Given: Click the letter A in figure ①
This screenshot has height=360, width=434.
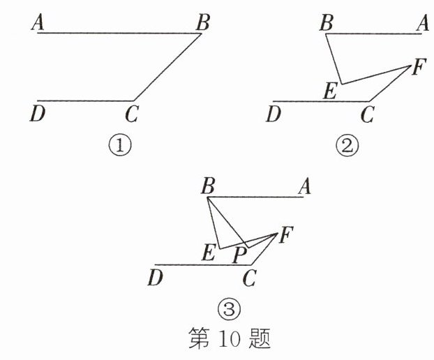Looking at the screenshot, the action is (39, 23).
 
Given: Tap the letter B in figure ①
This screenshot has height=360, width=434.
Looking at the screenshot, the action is (202, 23).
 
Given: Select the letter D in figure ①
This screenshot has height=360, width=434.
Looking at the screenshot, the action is (38, 113).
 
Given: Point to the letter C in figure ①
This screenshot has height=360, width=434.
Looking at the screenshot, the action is (132, 113).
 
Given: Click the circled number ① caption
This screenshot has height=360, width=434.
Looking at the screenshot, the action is (120, 147).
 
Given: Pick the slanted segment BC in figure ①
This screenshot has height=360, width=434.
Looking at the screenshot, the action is (167, 67).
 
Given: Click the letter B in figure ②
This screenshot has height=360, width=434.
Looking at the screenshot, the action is (325, 24).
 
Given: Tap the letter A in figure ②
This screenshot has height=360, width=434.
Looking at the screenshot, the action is (421, 24).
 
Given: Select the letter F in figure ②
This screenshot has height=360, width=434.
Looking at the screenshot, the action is (418, 68).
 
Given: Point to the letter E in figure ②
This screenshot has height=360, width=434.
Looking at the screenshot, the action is (332, 91).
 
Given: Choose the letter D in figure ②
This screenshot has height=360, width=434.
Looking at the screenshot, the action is (274, 113).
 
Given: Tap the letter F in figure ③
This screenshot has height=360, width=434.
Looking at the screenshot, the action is (285, 236).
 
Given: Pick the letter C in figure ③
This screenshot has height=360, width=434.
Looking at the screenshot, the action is (249, 278).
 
